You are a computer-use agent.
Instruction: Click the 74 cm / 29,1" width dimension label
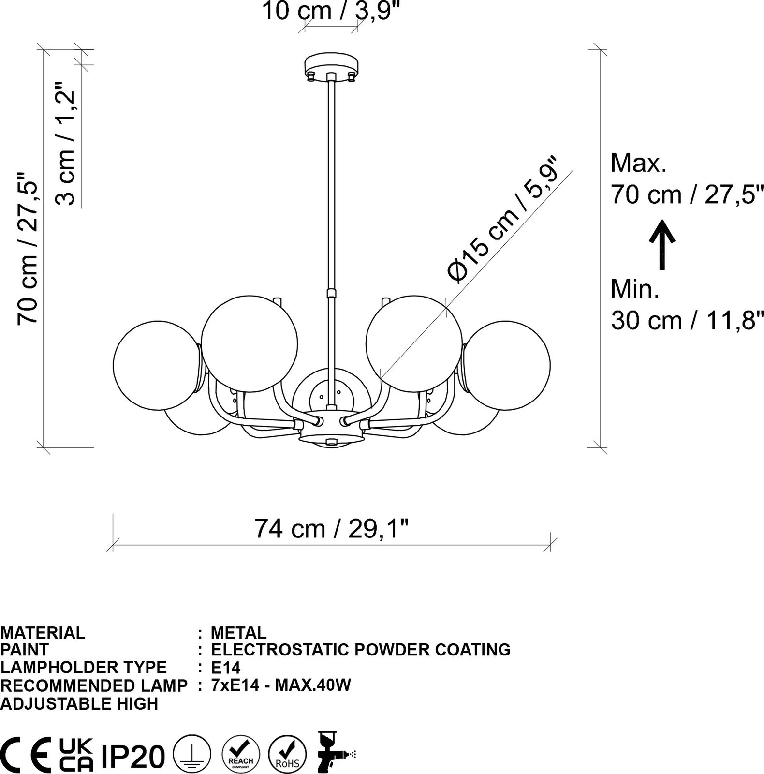[332, 529]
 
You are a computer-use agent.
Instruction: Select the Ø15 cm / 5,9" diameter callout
[503, 219]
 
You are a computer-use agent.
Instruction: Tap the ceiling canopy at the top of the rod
[332, 66]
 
